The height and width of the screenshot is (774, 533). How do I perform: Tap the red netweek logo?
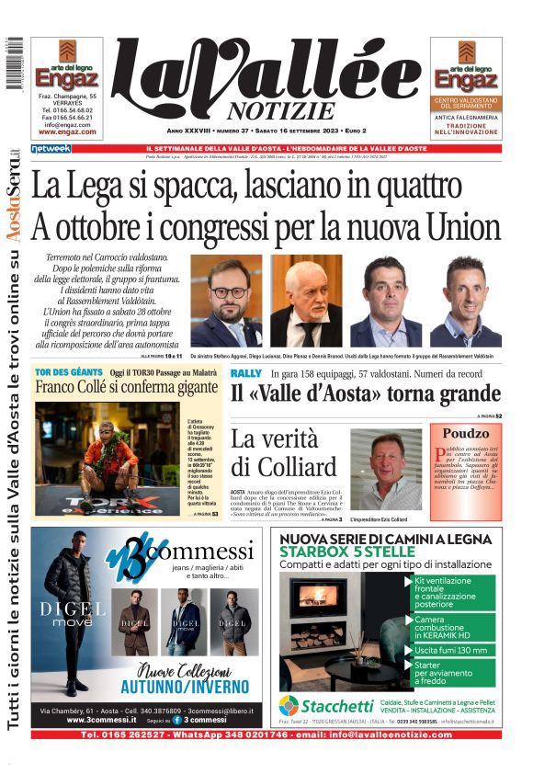pos(50,148)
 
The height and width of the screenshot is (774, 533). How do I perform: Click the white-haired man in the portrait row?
pos(305,301)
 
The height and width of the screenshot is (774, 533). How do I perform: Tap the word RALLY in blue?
pos(245,373)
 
